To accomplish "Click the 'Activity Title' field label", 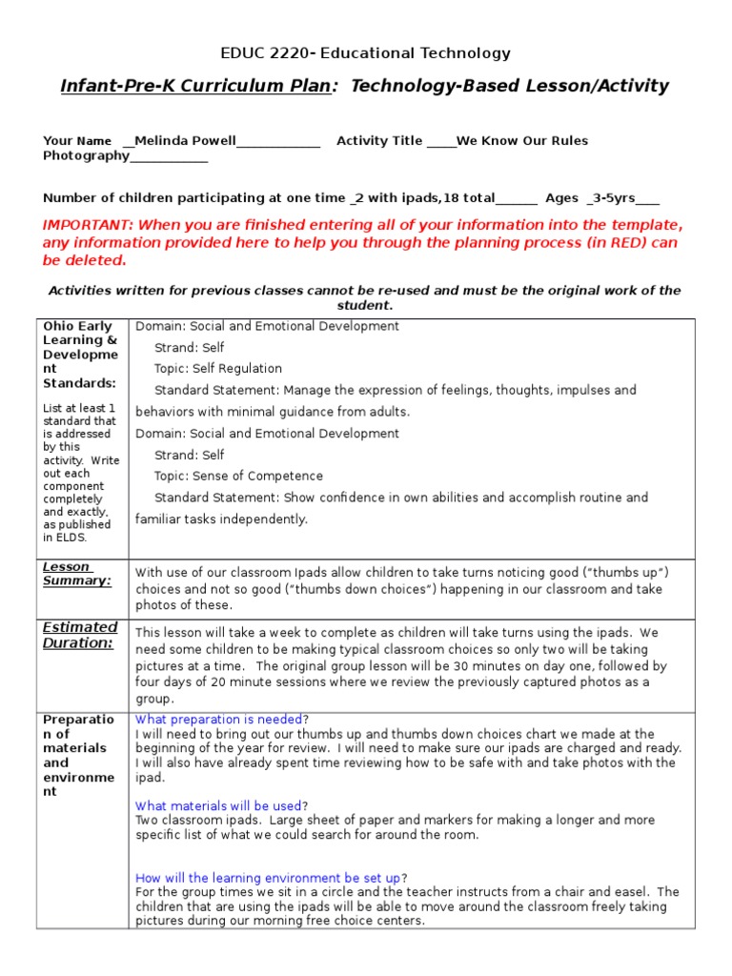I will pyautogui.click(x=379, y=141).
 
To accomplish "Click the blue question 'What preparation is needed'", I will pyautogui.click(x=219, y=720).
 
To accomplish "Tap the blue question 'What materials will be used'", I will pyautogui.click(x=218, y=806).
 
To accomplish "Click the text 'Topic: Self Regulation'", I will pyautogui.click(x=218, y=369).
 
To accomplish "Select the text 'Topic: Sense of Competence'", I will pyautogui.click(x=238, y=477).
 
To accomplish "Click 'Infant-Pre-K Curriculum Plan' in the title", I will pyautogui.click(x=195, y=87).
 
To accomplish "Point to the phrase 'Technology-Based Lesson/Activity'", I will pyautogui.click(x=510, y=87).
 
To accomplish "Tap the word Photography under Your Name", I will pyautogui.click(x=86, y=155).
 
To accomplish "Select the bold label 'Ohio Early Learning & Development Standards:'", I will pyautogui.click(x=80, y=355).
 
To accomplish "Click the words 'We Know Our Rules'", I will pyautogui.click(x=522, y=141).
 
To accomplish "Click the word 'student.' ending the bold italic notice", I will pyautogui.click(x=365, y=306).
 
